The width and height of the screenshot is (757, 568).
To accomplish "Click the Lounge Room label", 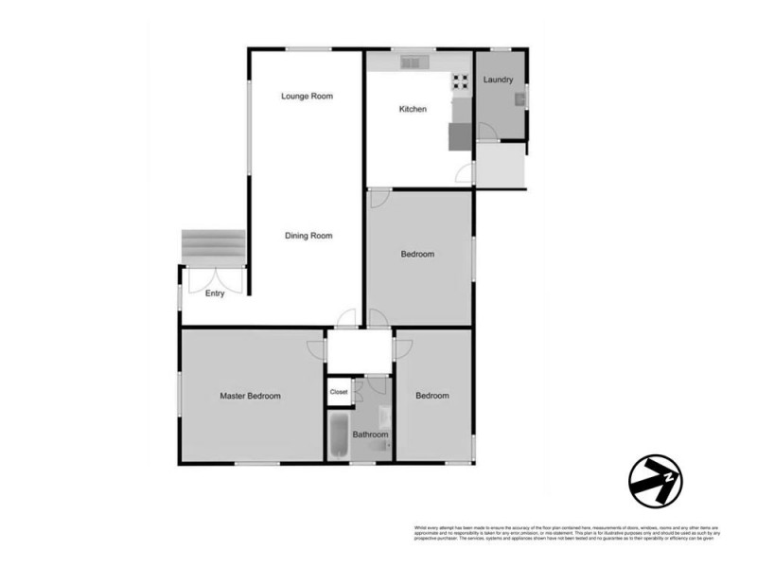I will point(308,97).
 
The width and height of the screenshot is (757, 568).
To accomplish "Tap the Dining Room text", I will point(308,236).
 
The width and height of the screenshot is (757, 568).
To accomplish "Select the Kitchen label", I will point(413,110).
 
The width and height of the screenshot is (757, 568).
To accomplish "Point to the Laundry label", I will point(498,80).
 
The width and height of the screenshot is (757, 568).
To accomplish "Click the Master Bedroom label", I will point(250,397).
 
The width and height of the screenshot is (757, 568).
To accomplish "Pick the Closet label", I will point(339,392).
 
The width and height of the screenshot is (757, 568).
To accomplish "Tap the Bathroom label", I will point(370,435).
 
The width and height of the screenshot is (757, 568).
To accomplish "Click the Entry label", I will point(215,294).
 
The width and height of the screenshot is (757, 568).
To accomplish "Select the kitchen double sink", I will point(414,63).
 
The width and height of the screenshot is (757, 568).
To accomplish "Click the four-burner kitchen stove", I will point(461,82).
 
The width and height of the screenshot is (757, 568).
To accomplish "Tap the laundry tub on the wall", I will point(519,98).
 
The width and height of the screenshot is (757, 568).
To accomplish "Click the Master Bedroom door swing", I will point(315,347).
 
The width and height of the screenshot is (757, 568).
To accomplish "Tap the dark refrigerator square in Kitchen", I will point(459,137).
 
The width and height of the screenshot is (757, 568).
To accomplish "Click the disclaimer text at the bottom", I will point(557,532).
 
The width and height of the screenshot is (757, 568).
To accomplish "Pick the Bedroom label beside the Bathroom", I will point(432,396).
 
